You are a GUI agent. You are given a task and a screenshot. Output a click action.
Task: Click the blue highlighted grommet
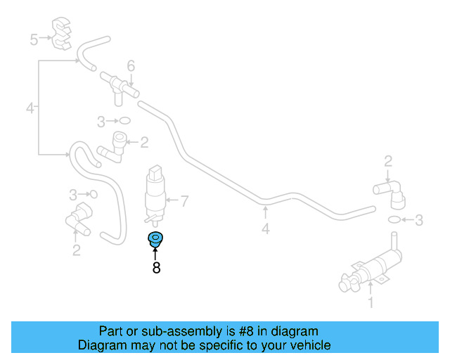click(x=155, y=239)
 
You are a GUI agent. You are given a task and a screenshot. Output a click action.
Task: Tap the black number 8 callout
click(x=156, y=268)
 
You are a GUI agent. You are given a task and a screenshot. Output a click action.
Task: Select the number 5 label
click(x=34, y=39)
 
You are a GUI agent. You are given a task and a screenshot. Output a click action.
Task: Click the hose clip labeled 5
click(x=61, y=34)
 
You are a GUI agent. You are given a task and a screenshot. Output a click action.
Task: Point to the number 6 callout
click(x=131, y=65)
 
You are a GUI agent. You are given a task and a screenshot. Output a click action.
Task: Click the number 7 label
click(x=184, y=200)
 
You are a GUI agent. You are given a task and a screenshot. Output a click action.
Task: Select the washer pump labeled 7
click(x=155, y=195)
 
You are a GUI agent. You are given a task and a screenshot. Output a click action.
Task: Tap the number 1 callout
click(x=371, y=302)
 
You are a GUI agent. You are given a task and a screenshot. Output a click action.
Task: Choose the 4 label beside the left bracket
click(x=30, y=108)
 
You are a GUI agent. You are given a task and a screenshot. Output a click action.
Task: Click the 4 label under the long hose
click(x=266, y=229)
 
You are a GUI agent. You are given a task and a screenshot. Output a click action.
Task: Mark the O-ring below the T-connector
click(x=125, y=120)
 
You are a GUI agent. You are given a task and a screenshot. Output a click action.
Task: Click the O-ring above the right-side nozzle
click(x=394, y=219)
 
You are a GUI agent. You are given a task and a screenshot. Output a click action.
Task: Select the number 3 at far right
click(x=419, y=220)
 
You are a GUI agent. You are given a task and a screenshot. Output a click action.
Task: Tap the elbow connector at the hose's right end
click(x=391, y=194)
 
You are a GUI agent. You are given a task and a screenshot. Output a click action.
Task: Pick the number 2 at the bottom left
click(x=77, y=250)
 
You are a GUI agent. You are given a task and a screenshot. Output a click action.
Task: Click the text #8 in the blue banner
click(x=247, y=331)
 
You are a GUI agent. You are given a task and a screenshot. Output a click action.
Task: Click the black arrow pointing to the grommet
click(x=155, y=254)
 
